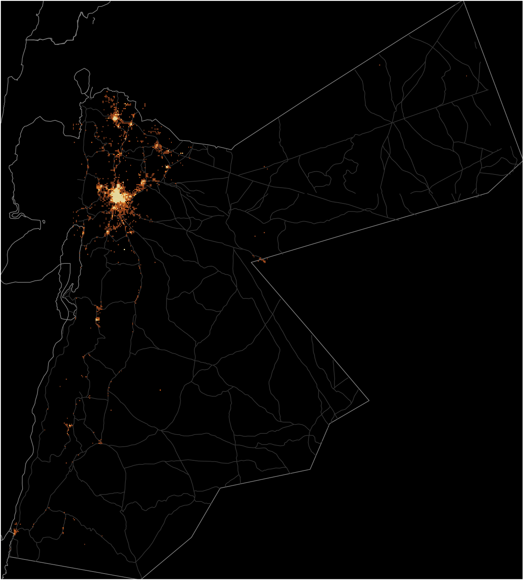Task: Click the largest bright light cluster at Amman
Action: (117, 197)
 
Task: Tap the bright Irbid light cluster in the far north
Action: (115, 118)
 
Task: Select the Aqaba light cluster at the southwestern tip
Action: (15, 532)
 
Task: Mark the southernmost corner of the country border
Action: (142, 579)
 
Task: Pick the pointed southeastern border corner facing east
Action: (369, 400)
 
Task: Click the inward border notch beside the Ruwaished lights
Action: (252, 263)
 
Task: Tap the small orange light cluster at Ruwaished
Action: (262, 260)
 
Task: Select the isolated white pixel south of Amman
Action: (124, 250)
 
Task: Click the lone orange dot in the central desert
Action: (160, 390)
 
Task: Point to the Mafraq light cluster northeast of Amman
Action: (157, 146)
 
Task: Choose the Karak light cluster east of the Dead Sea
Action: (98, 319)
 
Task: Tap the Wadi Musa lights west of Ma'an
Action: (69, 425)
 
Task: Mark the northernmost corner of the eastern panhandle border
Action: (464, 1)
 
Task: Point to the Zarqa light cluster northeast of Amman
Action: (143, 183)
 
